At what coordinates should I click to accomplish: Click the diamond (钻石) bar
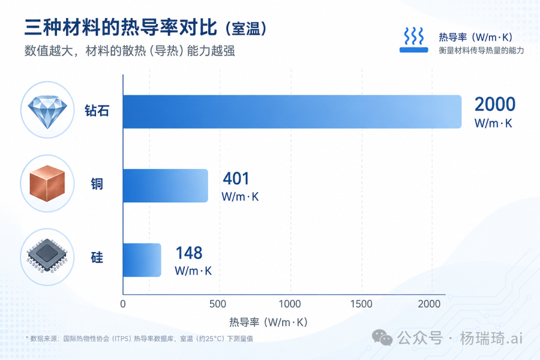292,111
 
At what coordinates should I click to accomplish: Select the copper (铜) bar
165,185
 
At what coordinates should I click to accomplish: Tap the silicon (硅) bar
142,260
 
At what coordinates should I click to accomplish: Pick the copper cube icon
47,183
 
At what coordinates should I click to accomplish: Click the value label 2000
495,104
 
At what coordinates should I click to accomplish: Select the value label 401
236,179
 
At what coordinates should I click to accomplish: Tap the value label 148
189,253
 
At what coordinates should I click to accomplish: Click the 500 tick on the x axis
217,304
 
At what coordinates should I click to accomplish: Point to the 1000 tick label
289,304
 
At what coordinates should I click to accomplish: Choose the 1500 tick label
361,304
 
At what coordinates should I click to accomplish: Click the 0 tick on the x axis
123,304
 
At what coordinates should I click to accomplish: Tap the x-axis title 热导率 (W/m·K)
268,322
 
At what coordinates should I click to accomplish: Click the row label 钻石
97,111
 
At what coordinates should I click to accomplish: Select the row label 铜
97,184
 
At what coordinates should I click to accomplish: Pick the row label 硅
97,257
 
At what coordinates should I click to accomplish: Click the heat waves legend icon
413,40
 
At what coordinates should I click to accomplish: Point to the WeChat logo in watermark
382,337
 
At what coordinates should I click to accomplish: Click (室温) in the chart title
246,28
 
